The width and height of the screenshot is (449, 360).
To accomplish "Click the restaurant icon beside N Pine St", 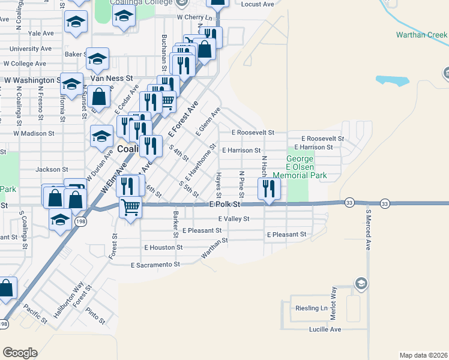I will [x=267, y=190].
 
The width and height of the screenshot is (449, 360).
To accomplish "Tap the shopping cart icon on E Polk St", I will [x=130, y=208].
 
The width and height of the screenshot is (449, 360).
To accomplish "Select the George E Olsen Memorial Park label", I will [x=300, y=167].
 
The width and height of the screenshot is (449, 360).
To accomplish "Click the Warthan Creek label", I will [x=422, y=35].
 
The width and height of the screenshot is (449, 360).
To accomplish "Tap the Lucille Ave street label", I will [x=326, y=329].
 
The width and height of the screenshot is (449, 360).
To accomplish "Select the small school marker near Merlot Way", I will [x=360, y=283].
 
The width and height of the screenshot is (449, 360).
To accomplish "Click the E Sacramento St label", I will [x=155, y=264].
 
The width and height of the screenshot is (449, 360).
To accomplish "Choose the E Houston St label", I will [x=163, y=247].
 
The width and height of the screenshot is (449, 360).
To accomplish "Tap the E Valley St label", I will [x=234, y=219].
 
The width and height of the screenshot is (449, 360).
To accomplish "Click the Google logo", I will [x=20, y=353].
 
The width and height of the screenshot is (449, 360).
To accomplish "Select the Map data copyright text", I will [x=424, y=355].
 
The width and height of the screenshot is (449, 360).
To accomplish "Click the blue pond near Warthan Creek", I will [x=391, y=80].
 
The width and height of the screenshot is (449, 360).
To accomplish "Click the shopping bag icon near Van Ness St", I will [x=101, y=96].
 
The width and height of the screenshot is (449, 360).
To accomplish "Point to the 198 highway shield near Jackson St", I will [x=80, y=222].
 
